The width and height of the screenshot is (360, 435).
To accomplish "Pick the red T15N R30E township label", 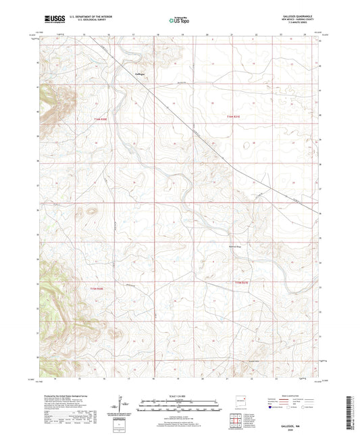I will coord(98,287).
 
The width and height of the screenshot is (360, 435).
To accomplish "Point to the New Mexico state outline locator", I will coord(240,401).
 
